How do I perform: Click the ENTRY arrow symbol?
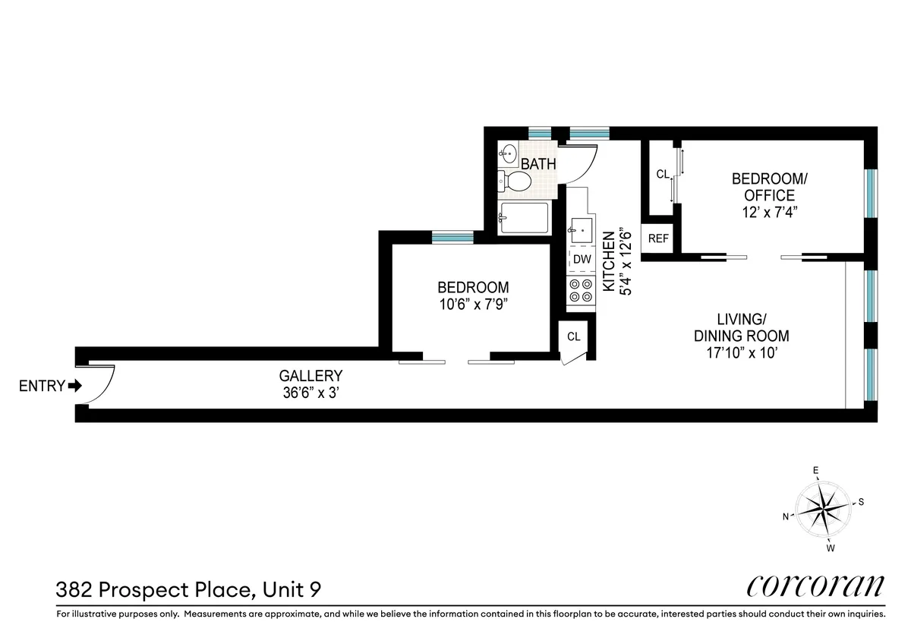coord(74,386)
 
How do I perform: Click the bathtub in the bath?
coord(523,219)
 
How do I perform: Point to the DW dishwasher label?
coord(582,259)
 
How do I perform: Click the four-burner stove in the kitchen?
coord(581,290)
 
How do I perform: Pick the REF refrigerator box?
coord(658,238)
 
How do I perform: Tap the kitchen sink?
coord(582,228)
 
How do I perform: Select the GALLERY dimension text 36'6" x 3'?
coord(310,393)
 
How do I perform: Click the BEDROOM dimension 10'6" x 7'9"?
coord(473,304)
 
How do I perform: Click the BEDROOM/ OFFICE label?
coord(769,187)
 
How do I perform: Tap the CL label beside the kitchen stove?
coord(573,336)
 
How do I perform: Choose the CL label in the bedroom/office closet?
coord(663,175)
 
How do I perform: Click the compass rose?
coord(824,508)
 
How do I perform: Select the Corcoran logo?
coord(816,586)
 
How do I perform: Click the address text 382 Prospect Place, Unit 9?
coord(193,589)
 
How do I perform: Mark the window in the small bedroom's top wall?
coord(452,237)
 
